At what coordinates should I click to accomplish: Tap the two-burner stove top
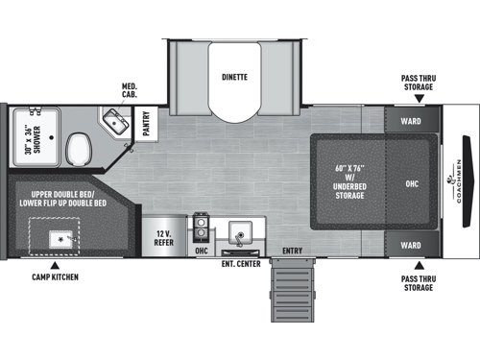(x=202, y=230)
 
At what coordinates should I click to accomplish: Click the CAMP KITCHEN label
(x=53, y=276)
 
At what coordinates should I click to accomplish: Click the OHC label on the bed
(x=412, y=182)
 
